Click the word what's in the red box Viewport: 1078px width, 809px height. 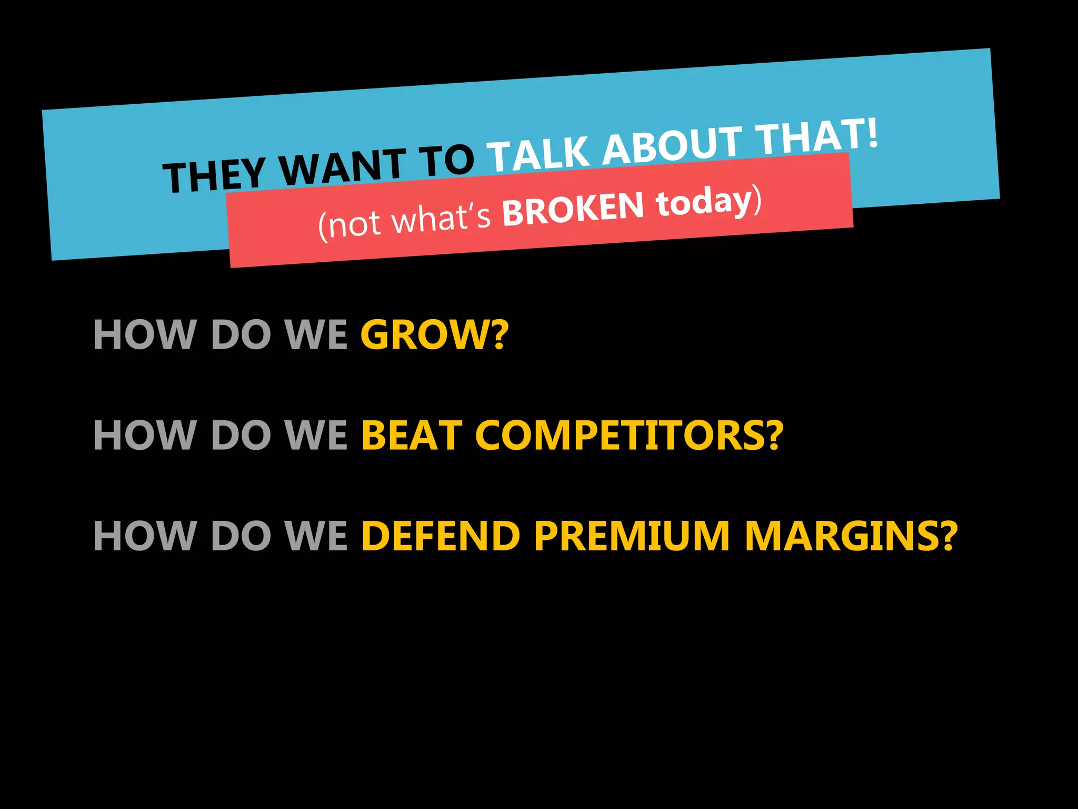pos(442,218)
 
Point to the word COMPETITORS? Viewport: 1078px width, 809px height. pos(629,436)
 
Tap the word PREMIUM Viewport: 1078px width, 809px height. pos(632,536)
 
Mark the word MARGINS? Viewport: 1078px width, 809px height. pos(851,536)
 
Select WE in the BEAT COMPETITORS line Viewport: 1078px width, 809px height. pos(316,436)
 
